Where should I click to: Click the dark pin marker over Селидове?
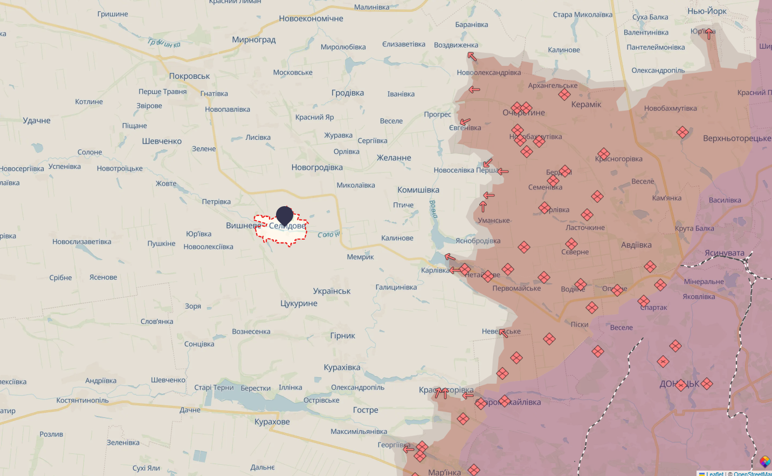[x=285, y=215]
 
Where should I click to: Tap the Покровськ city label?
[x=189, y=76]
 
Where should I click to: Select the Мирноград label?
[x=253, y=39]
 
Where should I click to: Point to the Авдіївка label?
[x=636, y=245]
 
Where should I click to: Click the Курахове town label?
[x=272, y=421]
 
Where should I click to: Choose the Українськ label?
[x=332, y=291]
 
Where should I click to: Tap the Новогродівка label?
[x=317, y=167]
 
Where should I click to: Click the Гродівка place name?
[x=348, y=93]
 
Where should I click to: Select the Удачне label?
[x=37, y=120]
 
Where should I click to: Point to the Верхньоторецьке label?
[x=736, y=138]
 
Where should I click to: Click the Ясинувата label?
[x=724, y=253]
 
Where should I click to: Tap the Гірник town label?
[x=342, y=336]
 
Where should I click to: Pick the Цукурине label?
[x=299, y=303]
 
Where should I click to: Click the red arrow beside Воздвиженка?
[x=472, y=56]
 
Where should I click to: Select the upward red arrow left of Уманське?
[x=483, y=206]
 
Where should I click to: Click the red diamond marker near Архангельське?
[x=564, y=94]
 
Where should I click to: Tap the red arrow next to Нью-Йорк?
[x=708, y=34]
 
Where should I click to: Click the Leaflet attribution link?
[x=715, y=474]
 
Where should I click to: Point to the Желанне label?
[x=394, y=158]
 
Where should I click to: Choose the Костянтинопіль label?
[x=82, y=400]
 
